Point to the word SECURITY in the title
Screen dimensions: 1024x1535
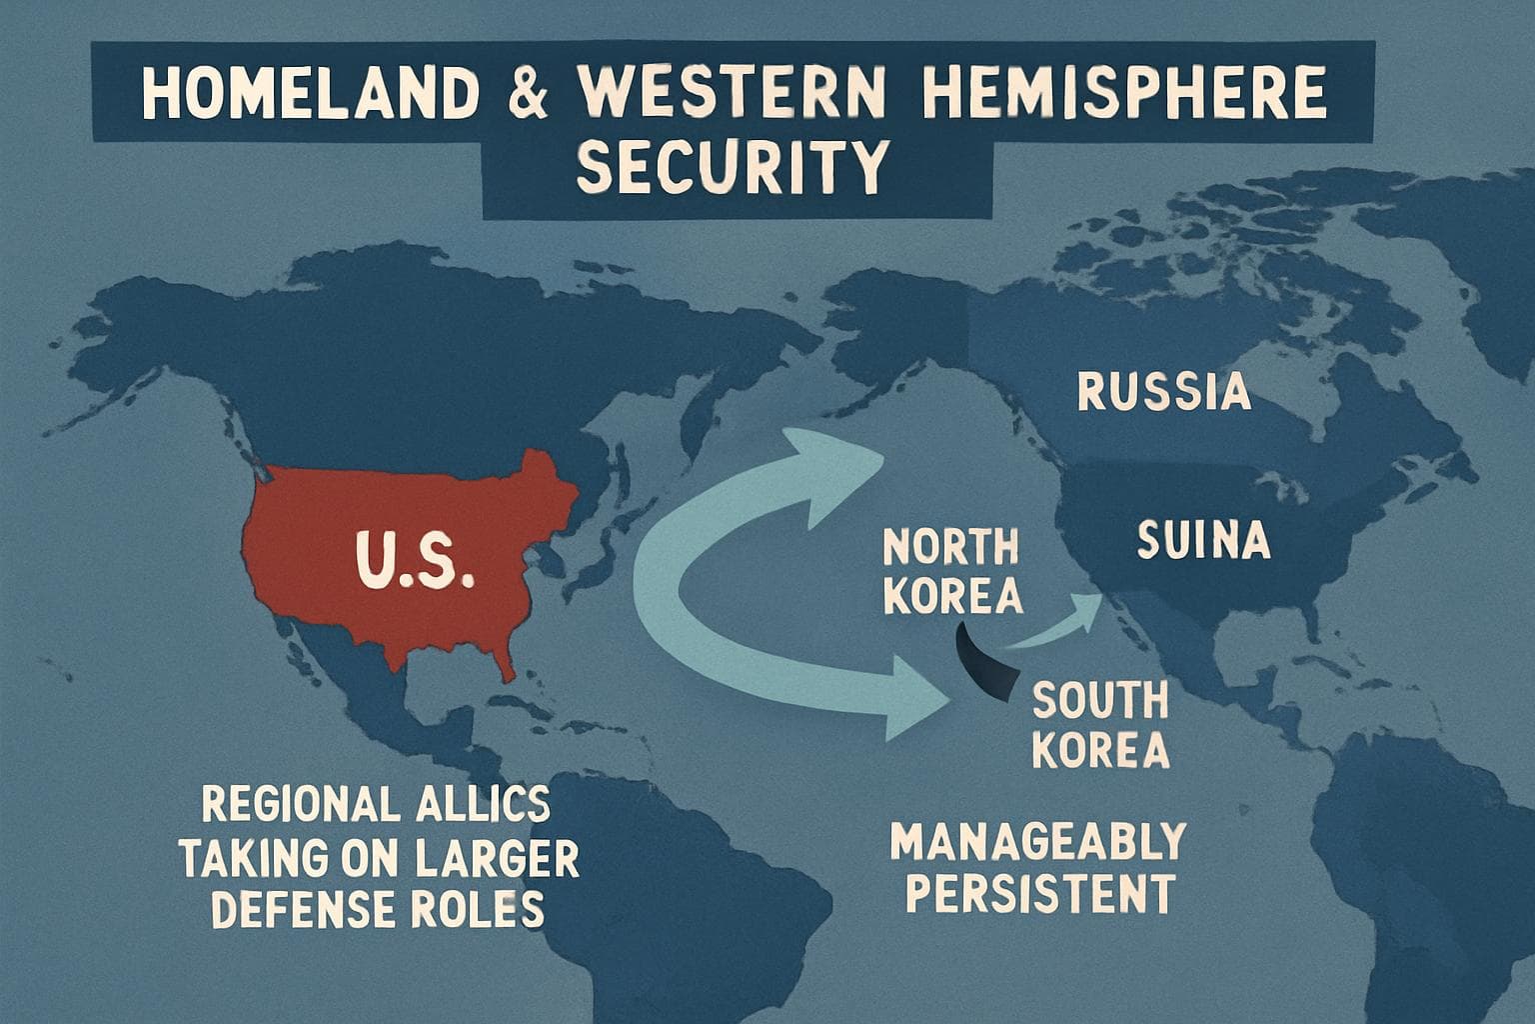[733, 167]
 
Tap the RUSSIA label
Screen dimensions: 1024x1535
[1164, 392]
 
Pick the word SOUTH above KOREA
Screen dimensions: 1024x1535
[1099, 701]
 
